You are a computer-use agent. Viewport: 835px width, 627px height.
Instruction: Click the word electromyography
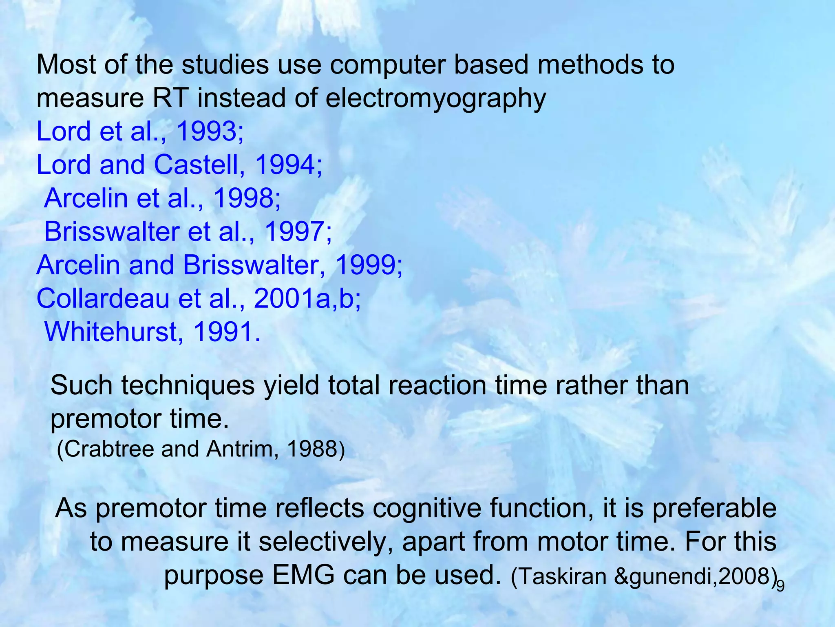pyautogui.click(x=435, y=99)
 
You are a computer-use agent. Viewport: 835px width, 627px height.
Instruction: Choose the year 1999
pyautogui.click(x=367, y=265)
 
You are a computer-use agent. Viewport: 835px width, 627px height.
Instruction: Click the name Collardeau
pyautogui.click(x=103, y=299)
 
